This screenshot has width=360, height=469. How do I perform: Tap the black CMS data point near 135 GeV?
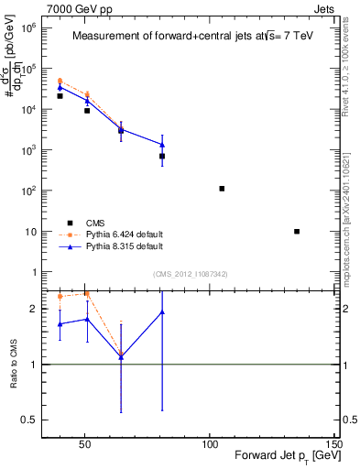click(297, 232)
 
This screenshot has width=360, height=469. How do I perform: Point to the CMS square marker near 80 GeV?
click(162, 157)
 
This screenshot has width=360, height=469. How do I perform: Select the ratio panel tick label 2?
click(32, 310)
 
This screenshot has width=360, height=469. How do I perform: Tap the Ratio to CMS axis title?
click(14, 364)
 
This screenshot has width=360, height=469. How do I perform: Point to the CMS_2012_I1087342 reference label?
click(191, 274)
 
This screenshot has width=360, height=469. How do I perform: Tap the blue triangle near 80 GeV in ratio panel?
click(162, 312)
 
